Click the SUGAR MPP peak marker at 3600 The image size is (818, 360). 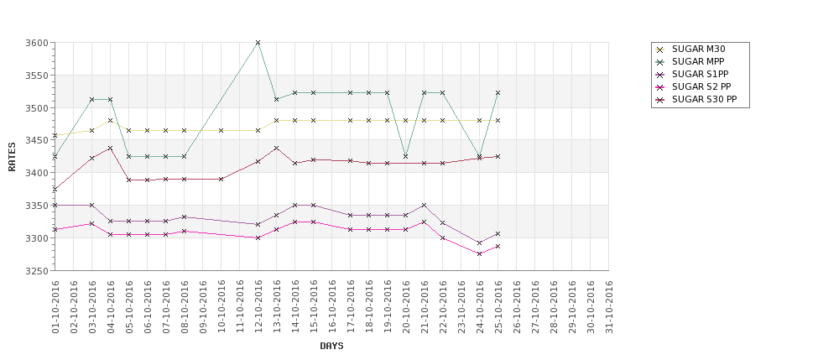(258, 42)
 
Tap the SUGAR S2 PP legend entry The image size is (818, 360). (694, 87)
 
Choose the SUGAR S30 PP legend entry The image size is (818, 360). (696, 100)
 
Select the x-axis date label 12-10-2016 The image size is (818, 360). (258, 307)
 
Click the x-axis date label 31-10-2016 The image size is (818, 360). (609, 307)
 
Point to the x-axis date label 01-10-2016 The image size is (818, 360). (55, 307)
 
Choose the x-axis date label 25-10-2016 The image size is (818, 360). (498, 307)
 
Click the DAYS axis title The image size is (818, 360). (331, 346)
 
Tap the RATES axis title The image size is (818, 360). (12, 157)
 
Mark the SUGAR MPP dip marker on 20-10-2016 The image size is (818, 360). (405, 157)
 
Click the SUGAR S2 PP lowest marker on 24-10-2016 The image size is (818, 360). (479, 253)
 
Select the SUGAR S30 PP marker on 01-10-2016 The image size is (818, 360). (55, 190)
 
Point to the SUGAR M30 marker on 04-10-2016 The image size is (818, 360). (110, 121)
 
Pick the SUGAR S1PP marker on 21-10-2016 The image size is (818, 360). (425, 205)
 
